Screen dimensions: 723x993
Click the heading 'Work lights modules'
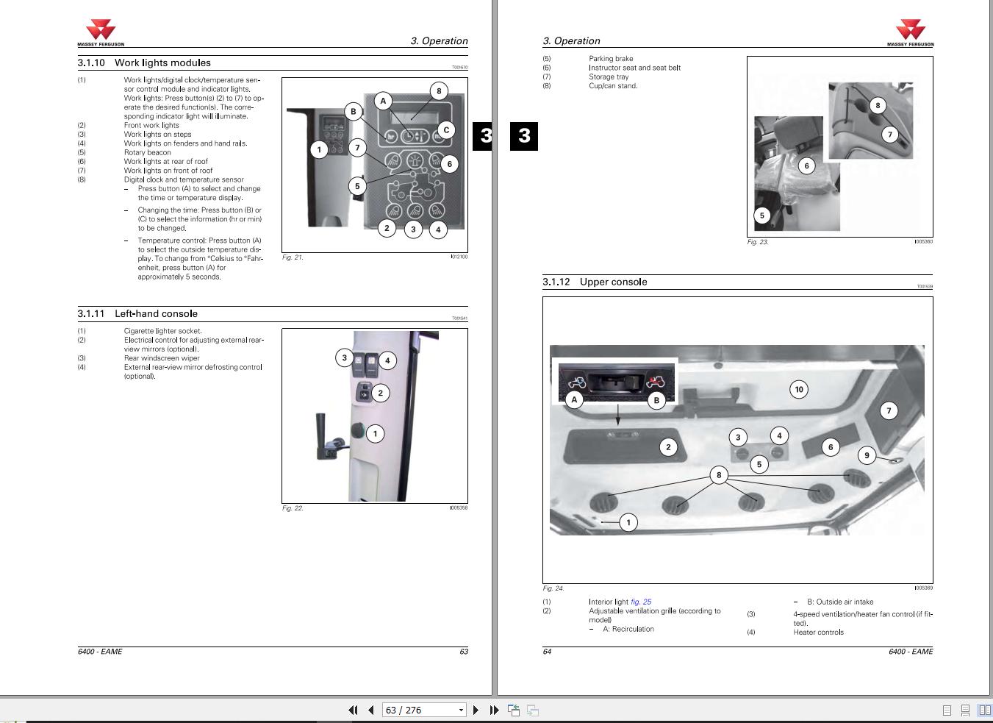coord(162,63)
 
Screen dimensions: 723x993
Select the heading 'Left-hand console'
coord(156,314)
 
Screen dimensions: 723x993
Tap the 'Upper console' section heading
coord(613,282)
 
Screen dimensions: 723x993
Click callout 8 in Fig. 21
coord(439,91)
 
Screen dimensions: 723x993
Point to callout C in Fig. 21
coord(445,130)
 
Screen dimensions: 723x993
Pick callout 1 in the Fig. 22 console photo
coord(375,433)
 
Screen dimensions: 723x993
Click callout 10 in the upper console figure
coord(799,390)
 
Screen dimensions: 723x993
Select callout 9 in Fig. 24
coord(867,456)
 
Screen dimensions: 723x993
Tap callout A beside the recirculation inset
coord(574,399)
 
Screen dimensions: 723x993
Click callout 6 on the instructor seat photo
coord(806,166)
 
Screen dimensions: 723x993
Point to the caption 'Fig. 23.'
coord(758,242)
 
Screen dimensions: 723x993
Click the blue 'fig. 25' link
coord(641,602)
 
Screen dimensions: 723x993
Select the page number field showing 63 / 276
coord(420,710)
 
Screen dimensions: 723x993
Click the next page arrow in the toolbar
coord(476,710)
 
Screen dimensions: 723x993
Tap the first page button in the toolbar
coord(353,710)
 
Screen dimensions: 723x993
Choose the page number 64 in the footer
coord(547,652)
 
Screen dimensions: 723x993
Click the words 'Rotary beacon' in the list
coord(147,152)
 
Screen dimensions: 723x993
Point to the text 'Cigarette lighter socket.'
coord(162,331)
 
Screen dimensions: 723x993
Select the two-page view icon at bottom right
coord(983,710)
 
